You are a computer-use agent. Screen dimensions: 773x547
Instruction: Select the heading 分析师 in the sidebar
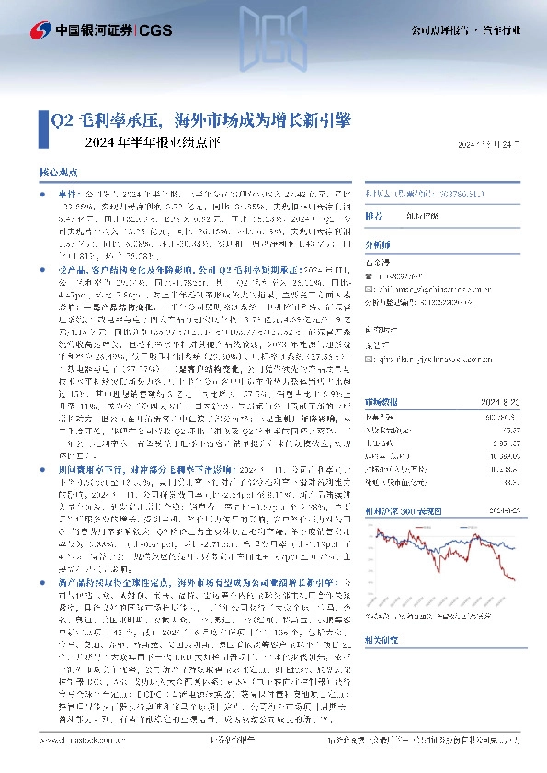point(378,245)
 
